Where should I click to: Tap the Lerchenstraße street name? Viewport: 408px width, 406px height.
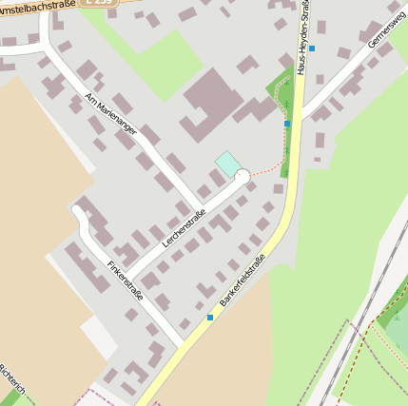(x=185, y=228)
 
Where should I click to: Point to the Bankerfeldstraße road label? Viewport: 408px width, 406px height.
(x=241, y=275)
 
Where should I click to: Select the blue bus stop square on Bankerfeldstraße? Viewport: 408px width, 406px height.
(x=210, y=318)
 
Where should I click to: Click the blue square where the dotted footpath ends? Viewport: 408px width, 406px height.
(x=287, y=124)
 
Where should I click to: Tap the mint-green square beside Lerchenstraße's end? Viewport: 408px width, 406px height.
(x=228, y=164)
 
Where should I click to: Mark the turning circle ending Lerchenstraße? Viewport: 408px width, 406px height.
(x=243, y=176)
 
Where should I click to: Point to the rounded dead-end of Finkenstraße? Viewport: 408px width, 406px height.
(x=79, y=210)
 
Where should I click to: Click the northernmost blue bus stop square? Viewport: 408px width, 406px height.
(x=311, y=48)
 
